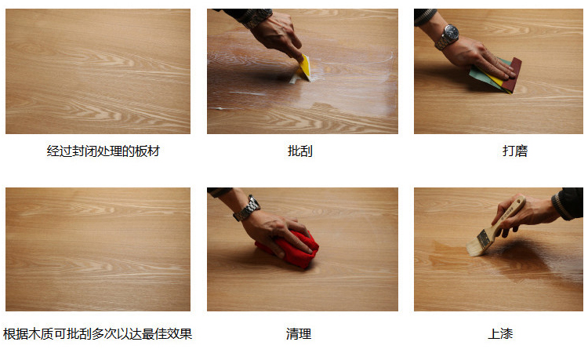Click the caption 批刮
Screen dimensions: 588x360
click(x=299, y=151)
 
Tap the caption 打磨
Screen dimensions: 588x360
click(x=515, y=151)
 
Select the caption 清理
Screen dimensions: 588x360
click(x=299, y=333)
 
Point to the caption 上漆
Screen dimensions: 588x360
click(x=500, y=333)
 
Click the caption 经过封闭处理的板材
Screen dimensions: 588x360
click(x=103, y=151)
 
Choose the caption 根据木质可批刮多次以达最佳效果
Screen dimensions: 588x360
click(x=97, y=333)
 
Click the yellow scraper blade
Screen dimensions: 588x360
click(x=305, y=67)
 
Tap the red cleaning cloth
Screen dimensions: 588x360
click(x=289, y=248)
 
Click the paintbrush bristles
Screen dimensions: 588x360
click(x=477, y=243)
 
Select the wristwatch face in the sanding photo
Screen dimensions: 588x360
click(x=451, y=33)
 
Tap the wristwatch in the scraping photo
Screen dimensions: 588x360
click(x=257, y=17)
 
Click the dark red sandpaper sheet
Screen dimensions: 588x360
click(x=512, y=76)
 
